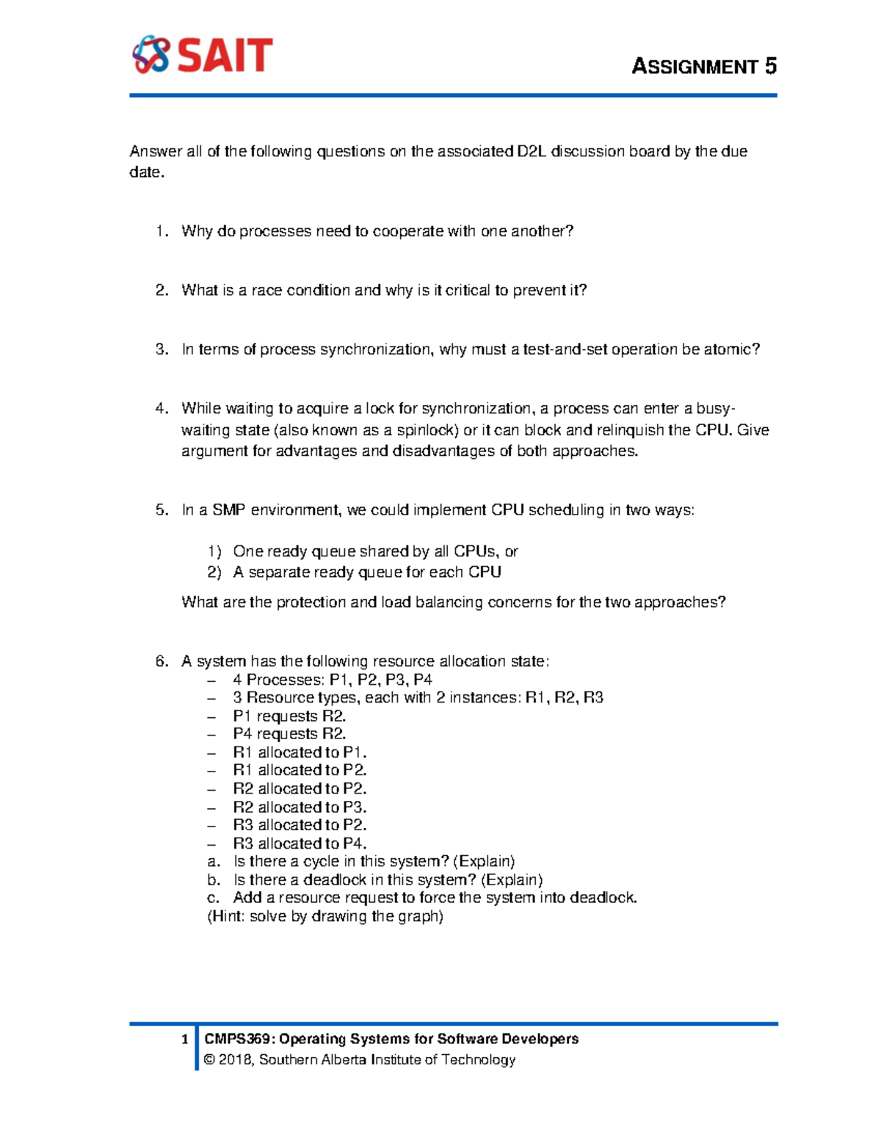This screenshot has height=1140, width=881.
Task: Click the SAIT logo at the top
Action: click(203, 55)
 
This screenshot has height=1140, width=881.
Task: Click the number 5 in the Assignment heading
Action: click(770, 67)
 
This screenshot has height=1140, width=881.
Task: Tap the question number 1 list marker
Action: click(162, 231)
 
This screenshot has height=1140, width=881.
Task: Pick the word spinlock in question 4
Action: click(429, 430)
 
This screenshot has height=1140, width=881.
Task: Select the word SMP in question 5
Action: click(229, 510)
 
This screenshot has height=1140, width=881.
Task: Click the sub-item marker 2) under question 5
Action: click(214, 573)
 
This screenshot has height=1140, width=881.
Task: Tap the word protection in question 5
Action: click(311, 603)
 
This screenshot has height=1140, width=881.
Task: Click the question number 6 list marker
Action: click(162, 661)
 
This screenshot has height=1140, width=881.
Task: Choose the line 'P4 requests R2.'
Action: click(289, 734)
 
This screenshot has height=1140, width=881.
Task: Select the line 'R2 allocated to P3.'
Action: click(300, 807)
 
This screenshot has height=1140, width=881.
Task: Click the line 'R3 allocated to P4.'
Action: click(300, 843)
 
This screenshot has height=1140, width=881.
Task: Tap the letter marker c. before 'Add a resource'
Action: click(214, 898)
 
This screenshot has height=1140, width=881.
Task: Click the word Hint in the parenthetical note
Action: click(228, 916)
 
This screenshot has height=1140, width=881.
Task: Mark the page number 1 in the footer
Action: click(185, 1039)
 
